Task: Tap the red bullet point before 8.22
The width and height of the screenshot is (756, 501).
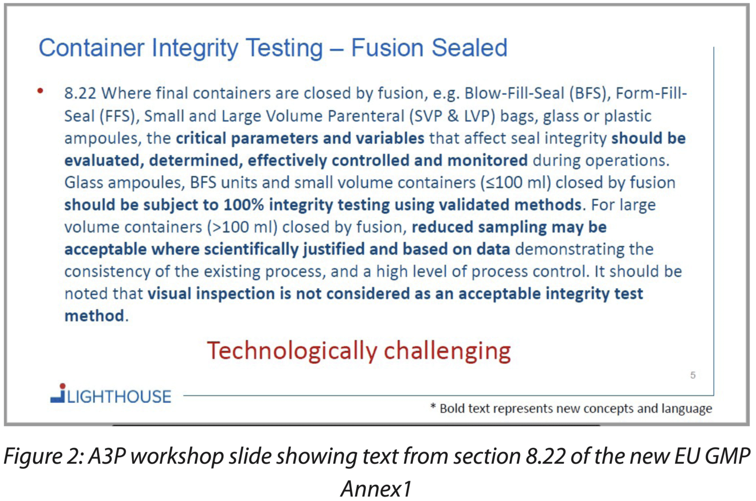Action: click(x=40, y=91)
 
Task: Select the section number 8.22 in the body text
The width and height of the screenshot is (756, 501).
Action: click(x=80, y=93)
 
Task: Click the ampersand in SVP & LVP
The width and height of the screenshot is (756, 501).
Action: click(x=452, y=116)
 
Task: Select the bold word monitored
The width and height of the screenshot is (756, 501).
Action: click(x=487, y=160)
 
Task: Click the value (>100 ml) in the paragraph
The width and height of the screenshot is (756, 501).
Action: click(x=242, y=227)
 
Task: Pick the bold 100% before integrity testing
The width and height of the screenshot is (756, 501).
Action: click(x=244, y=205)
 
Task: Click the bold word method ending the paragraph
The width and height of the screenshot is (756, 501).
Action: click(x=94, y=316)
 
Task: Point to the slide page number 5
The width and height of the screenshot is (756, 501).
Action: click(x=693, y=375)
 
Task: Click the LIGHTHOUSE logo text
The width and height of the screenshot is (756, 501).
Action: click(x=119, y=397)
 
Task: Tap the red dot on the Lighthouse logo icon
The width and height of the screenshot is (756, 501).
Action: click(x=63, y=386)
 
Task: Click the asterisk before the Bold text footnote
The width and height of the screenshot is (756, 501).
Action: click(x=433, y=406)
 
